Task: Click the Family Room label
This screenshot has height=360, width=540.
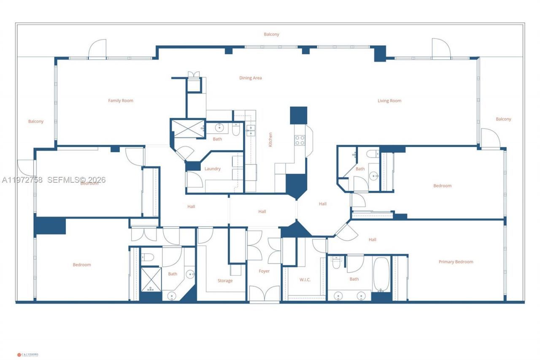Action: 121,101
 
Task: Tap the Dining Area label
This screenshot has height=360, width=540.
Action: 251,78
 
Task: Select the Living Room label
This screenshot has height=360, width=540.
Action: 389,101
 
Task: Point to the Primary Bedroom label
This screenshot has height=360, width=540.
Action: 456,262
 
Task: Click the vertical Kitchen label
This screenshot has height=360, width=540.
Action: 270,140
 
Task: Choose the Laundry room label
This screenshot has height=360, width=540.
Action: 212,169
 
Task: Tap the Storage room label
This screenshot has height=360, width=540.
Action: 225,281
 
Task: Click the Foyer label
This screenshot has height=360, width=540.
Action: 264,271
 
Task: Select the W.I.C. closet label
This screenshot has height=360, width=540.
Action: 305,280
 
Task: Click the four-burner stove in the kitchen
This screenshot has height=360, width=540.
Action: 300,140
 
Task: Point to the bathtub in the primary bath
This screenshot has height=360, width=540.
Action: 381,274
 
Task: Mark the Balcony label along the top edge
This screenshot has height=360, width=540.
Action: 271,35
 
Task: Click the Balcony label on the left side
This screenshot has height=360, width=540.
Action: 36,122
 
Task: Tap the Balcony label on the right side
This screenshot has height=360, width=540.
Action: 503,119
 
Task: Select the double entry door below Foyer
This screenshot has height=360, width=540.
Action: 264,294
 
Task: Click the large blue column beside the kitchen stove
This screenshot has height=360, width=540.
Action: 298,115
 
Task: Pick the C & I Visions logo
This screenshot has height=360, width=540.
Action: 28,355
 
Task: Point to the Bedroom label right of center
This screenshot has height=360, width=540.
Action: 442,186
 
